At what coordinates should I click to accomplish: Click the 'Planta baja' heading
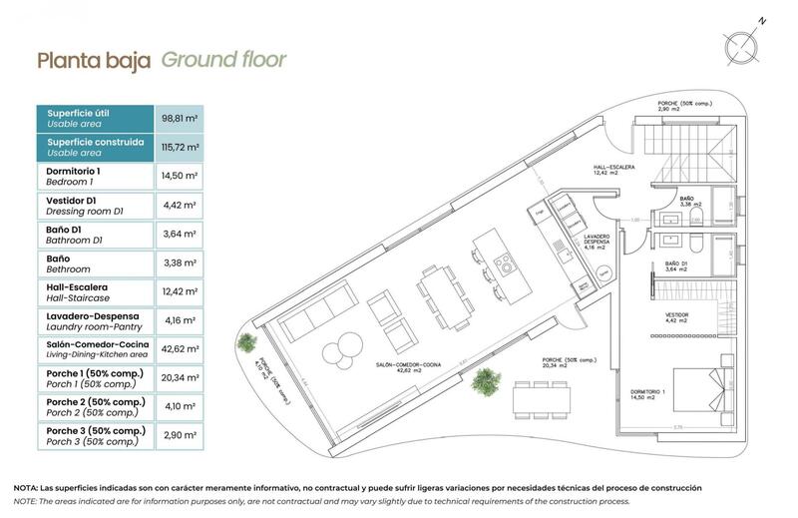coord(94,60)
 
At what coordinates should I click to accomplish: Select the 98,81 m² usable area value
coord(180,118)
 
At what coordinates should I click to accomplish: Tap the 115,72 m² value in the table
coord(180,148)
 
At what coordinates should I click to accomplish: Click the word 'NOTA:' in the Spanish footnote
coord(26,487)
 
